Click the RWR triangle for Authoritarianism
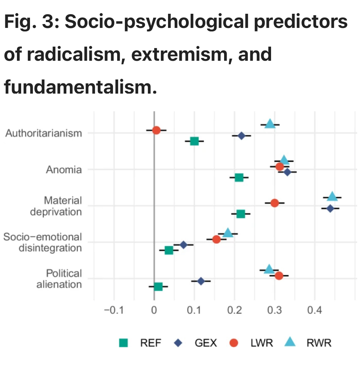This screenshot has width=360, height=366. click(x=270, y=124)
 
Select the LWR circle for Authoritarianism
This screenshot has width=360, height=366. click(x=156, y=130)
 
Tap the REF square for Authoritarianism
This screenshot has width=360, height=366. click(x=194, y=141)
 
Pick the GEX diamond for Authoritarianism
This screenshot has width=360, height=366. click(x=241, y=136)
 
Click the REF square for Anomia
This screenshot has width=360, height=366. click(x=239, y=177)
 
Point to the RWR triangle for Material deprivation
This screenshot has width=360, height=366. click(x=332, y=196)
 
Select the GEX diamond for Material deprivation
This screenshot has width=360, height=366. click(x=330, y=208)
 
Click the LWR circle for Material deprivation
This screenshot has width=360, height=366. click(x=275, y=203)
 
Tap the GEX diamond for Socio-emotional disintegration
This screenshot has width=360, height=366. click(x=183, y=245)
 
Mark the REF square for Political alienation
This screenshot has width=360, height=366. click(x=158, y=287)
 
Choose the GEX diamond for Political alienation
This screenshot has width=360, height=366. click(x=201, y=281)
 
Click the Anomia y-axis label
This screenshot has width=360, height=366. click(x=64, y=170)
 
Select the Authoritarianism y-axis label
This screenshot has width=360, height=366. click(x=44, y=134)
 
